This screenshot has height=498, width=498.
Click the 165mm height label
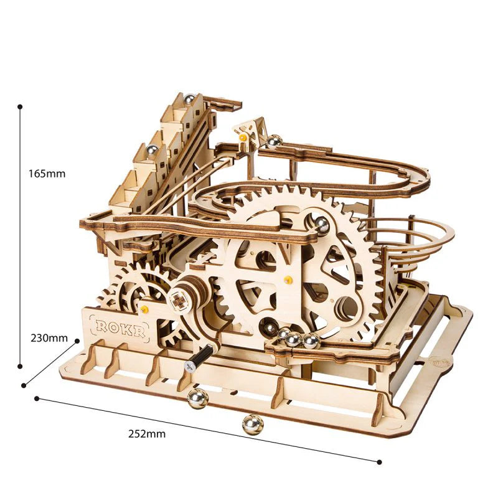pyautogui.click(x=47, y=174)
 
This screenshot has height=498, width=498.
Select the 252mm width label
pyautogui.click(x=148, y=434)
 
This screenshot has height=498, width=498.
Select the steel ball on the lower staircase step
pyautogui.click(x=151, y=149)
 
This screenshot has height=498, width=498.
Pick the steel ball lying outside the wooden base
pyautogui.click(x=253, y=425)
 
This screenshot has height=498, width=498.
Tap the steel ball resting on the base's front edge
pyautogui.click(x=198, y=398)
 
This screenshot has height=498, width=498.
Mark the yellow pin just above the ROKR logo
pyautogui.click(x=144, y=309)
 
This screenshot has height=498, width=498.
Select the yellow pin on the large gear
pyautogui.click(x=288, y=280)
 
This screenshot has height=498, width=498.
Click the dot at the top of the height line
pyautogui.click(x=21, y=107)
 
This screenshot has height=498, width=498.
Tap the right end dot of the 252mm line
pyautogui.click(x=380, y=461)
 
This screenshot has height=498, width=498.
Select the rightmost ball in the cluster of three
pyautogui.click(x=311, y=341)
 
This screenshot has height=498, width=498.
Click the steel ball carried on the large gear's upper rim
pyautogui.click(x=321, y=225)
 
